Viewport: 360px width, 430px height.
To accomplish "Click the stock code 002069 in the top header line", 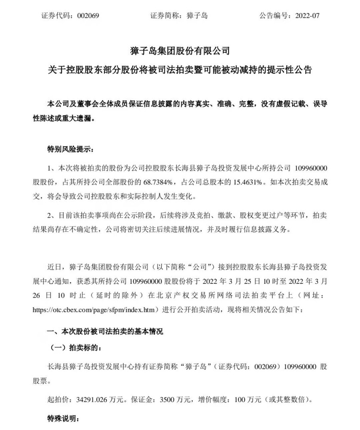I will click(88, 16).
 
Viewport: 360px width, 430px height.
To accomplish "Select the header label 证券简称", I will click(163, 16).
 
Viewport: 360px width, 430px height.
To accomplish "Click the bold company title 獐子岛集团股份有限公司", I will click(180, 51).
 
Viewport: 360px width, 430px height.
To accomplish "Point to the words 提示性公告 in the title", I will click(290, 70).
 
